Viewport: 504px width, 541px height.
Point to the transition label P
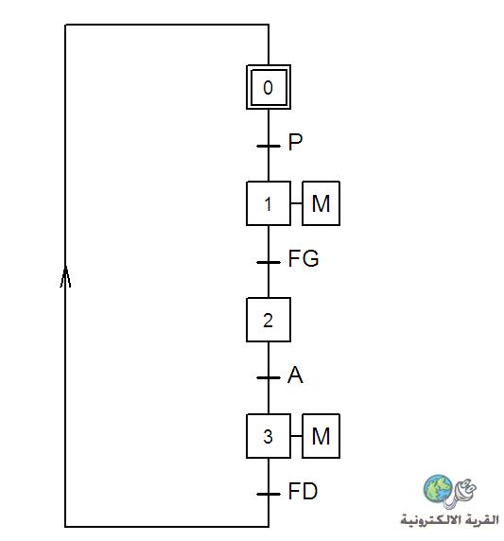coord(295,142)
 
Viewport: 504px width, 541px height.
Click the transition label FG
coord(304,258)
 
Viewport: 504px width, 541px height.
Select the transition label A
coord(295,375)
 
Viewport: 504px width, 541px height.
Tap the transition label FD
coord(303,491)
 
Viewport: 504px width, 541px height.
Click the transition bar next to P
coord(269,146)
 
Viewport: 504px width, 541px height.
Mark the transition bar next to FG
coord(269,262)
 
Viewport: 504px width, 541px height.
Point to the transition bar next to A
coord(269,377)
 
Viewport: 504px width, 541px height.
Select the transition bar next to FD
coord(269,494)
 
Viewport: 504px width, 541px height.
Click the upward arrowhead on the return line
coord(65,276)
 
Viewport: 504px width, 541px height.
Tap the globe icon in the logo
coord(438,489)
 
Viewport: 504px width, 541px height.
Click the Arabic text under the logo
coord(450,519)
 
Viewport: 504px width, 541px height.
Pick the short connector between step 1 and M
coord(296,203)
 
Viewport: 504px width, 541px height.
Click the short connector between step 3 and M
coord(296,436)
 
